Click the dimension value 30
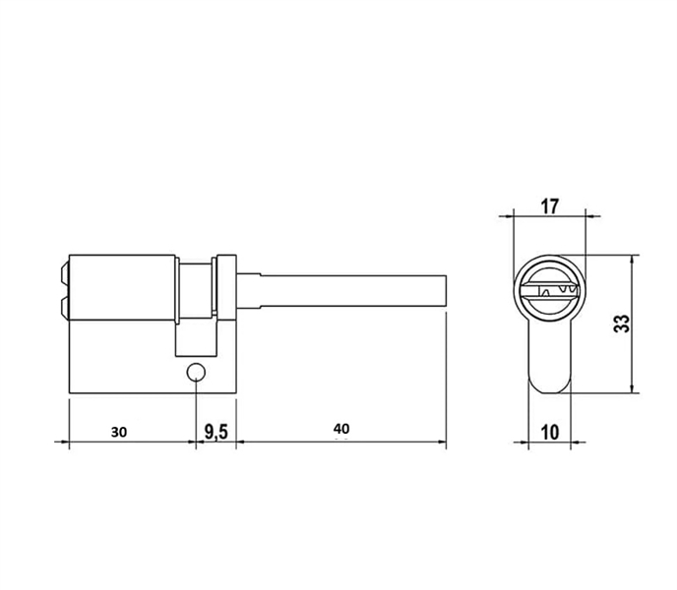pos(118,431)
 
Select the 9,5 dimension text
pos(216,431)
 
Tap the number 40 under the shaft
pos(340,429)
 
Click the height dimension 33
pos(621,324)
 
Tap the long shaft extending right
pos(344,290)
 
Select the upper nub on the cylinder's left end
pos(65,270)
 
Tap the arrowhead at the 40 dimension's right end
pos(442,441)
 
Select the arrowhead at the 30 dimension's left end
pos(73,441)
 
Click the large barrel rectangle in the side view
pos(122,290)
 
